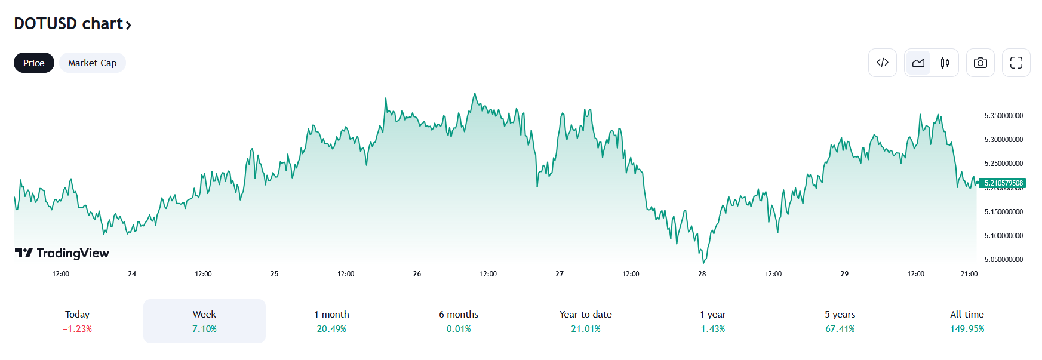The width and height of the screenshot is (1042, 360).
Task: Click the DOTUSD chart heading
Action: tap(72, 24)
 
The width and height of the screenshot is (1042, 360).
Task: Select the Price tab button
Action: tap(34, 63)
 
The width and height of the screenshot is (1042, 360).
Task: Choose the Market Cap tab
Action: tap(92, 63)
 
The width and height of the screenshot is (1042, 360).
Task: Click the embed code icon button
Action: tap(882, 63)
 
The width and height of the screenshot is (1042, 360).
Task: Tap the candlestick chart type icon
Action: tap(945, 63)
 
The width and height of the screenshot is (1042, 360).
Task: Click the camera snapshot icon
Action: tap(980, 63)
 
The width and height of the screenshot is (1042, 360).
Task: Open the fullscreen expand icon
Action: tap(1016, 63)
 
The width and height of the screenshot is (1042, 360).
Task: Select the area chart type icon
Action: tap(918, 63)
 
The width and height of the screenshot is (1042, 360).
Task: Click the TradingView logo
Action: tap(62, 253)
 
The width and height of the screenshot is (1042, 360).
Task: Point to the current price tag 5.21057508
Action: tap(1003, 183)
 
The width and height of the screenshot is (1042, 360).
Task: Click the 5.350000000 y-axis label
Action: tap(1003, 116)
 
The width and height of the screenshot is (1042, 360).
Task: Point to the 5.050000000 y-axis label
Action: tap(1003, 260)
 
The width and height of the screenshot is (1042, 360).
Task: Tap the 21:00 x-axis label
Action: tap(969, 274)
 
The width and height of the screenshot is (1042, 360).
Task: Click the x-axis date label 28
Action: tap(702, 274)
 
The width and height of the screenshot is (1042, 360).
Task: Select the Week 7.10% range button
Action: tap(204, 321)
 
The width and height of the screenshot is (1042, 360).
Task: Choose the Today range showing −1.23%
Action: tap(77, 321)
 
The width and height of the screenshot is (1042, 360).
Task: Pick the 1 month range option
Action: tap(331, 321)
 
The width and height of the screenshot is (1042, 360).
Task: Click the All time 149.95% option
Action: tap(967, 321)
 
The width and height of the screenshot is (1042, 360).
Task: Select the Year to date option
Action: tap(585, 321)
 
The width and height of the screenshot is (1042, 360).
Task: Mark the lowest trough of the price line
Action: tap(704, 262)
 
